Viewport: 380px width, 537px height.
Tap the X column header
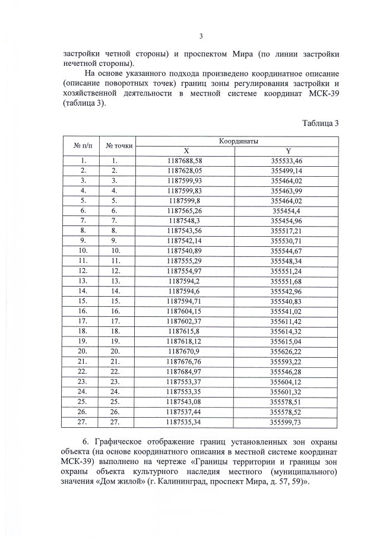click(x=185, y=151)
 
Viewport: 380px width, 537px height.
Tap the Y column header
click(x=288, y=151)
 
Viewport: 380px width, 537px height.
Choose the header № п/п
click(x=81, y=146)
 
